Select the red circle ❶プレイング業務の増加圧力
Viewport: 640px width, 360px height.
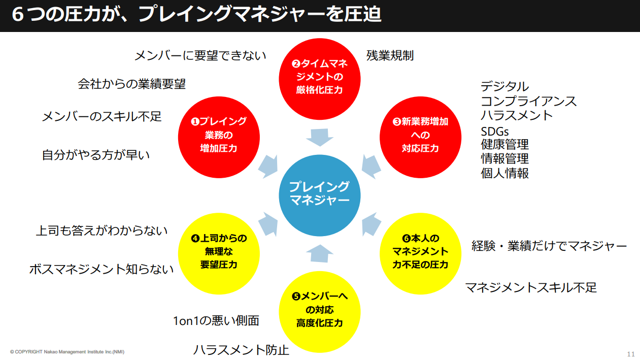click(x=219, y=135)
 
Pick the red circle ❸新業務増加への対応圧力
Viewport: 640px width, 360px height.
click(x=421, y=135)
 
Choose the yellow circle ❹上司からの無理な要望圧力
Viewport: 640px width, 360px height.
click(x=219, y=251)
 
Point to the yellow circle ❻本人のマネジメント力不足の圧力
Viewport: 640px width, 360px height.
click(x=421, y=251)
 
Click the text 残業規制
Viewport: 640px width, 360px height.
click(x=390, y=55)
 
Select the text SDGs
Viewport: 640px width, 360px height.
click(x=495, y=132)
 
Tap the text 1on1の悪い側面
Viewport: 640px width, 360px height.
click(x=216, y=320)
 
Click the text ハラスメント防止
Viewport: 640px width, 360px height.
click(x=241, y=350)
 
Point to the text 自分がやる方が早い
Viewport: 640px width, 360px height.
click(x=96, y=155)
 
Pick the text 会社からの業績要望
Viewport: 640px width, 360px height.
click(x=132, y=84)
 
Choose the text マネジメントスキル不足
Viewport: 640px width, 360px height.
click(x=531, y=287)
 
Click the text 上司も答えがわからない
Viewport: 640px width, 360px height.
click(x=102, y=231)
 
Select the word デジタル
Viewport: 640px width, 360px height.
click(x=504, y=86)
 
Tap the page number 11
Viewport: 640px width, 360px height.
click(x=631, y=353)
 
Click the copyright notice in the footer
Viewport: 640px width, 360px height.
click(x=67, y=352)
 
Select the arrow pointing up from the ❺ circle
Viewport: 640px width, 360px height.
click(x=320, y=253)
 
